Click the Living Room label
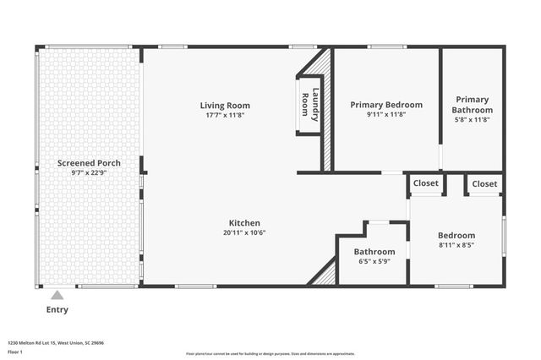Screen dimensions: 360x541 tap(225, 106)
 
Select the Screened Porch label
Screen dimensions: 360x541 tap(89, 163)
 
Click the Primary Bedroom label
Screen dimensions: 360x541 tap(386, 105)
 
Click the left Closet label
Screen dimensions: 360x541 tap(426, 183)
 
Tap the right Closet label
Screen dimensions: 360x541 tap(484, 183)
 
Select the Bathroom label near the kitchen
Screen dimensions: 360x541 tap(374, 252)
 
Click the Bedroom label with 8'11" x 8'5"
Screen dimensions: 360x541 tap(456, 235)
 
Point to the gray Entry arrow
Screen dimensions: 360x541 tap(57, 296)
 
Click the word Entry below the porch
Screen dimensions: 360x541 tap(57, 309)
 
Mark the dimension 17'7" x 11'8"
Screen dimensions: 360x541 tap(225, 115)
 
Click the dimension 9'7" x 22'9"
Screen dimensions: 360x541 tap(89, 172)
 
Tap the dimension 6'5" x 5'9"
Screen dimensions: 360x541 tap(374, 261)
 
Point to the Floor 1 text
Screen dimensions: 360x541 tap(14, 351)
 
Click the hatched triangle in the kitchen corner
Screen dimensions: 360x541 tap(325, 275)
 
